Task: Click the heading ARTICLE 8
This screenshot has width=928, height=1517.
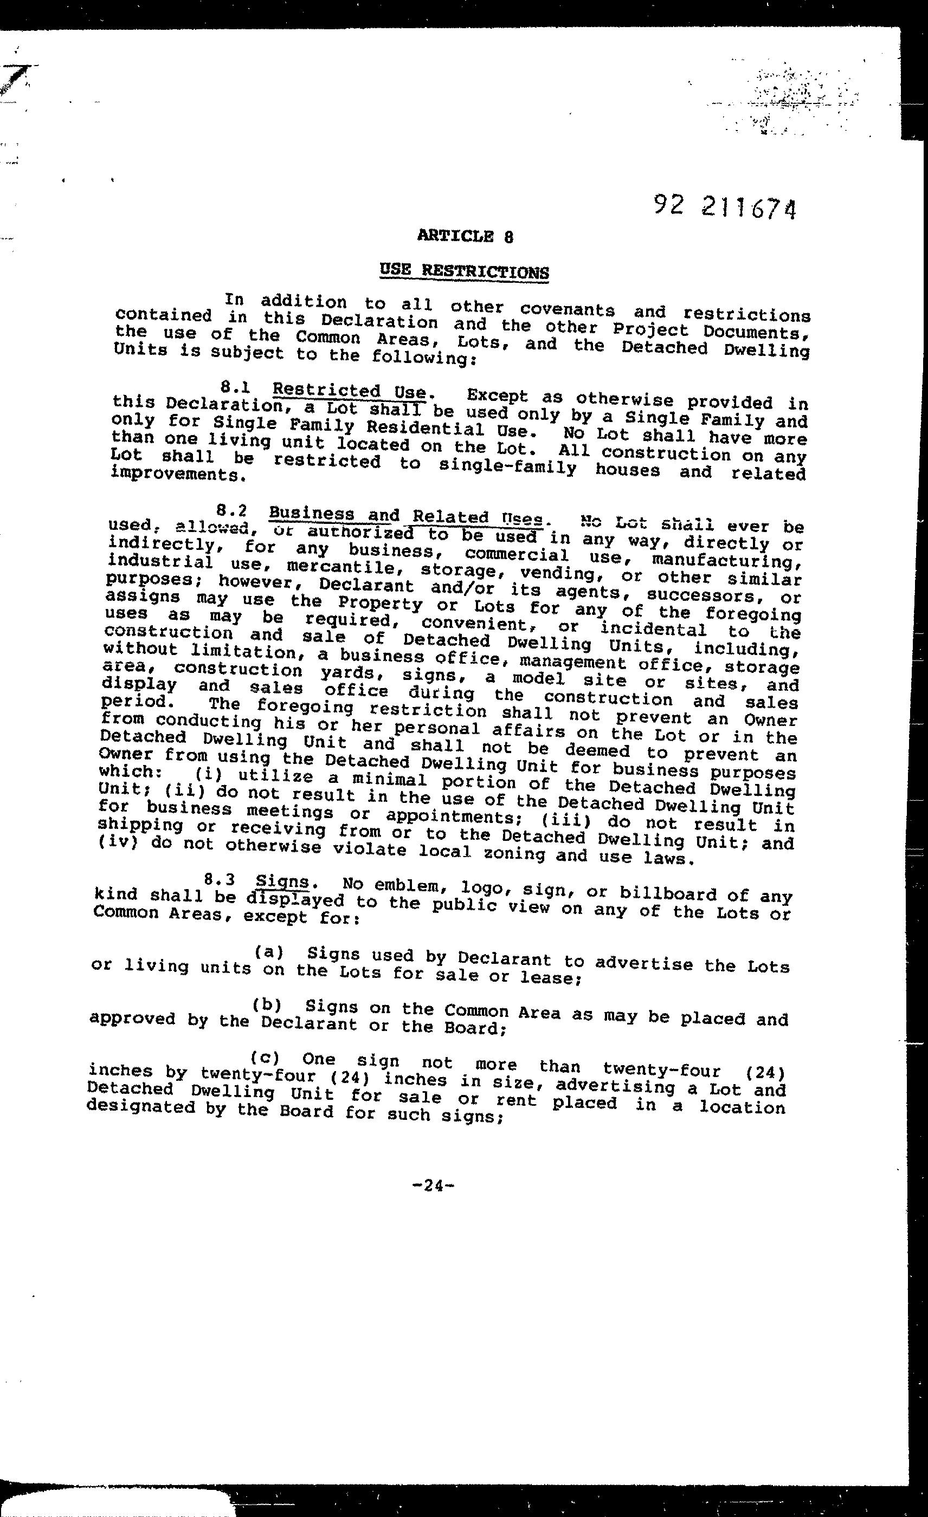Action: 465,236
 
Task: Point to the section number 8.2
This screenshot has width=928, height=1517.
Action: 232,510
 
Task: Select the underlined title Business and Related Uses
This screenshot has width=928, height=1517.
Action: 407,515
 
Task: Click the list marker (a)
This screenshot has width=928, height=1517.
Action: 268,952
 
